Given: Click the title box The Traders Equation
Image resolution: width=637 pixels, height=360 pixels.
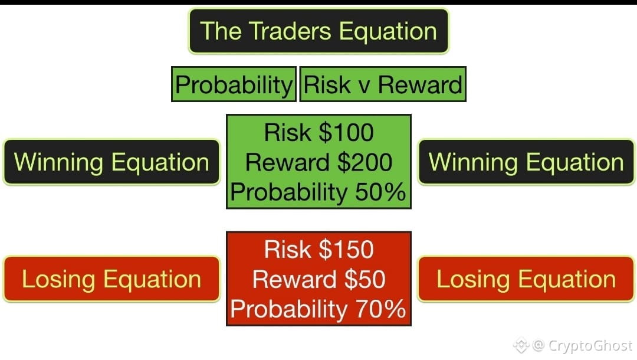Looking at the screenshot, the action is [318, 31].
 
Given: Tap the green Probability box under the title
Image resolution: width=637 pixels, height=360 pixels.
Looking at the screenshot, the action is [234, 84].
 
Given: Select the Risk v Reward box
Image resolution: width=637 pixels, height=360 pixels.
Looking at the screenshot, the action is [383, 84].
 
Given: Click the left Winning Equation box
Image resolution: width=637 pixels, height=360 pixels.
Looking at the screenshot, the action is [111, 162].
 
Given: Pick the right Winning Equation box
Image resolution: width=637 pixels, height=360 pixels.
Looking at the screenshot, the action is [526, 162].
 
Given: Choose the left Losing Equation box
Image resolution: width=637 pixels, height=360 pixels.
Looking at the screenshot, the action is [111, 279].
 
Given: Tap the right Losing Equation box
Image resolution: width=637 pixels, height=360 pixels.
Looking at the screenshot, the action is [526, 279].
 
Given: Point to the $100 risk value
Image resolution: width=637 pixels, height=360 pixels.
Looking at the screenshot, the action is [346, 132].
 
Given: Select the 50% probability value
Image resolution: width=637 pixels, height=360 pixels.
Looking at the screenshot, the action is [380, 192].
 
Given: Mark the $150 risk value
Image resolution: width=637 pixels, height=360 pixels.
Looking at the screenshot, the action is [346, 249].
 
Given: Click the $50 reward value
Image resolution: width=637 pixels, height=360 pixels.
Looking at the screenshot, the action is [365, 279].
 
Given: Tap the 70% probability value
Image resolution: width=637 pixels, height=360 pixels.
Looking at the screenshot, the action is [380, 309].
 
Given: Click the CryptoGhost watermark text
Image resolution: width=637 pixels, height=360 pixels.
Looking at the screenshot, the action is [590, 346].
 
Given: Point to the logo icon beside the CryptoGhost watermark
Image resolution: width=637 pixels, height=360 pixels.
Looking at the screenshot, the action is [521, 345].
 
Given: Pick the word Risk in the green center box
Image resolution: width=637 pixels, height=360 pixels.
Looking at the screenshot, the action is [287, 132].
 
